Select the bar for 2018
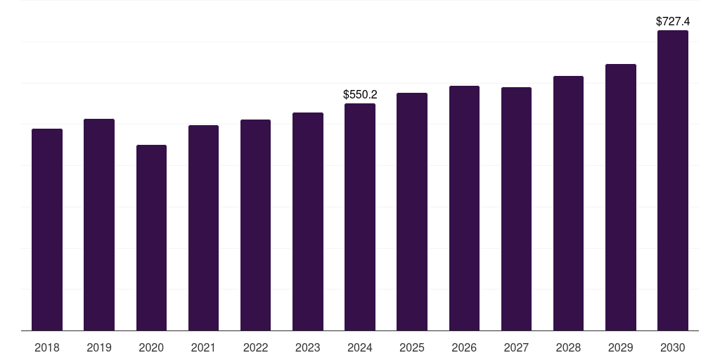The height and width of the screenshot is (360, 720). pos(47,230)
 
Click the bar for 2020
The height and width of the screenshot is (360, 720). pos(151,238)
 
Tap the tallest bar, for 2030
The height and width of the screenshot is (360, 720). pos(673,181)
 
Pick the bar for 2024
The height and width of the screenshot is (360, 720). pos(360,217)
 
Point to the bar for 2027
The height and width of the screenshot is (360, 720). pos(516,209)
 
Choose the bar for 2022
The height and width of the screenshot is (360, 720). pos(255,225)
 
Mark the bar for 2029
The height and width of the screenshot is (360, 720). pos(621,198)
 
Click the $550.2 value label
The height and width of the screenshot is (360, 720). pos(361,95)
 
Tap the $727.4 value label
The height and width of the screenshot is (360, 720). pos(673,22)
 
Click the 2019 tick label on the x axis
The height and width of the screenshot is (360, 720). pos(99,348)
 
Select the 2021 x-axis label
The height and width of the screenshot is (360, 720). pos(203,348)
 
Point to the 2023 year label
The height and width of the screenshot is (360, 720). pos(308,348)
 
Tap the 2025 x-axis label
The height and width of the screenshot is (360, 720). pos(412,348)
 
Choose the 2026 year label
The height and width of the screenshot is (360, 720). pos(464,348)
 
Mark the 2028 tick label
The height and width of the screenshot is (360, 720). pos(568,348)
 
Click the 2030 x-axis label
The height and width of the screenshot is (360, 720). pos(673,348)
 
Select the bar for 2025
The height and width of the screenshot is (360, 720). pos(412,212)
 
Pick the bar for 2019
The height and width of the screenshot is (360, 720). pos(99,225)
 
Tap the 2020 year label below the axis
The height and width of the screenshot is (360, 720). pos(151,348)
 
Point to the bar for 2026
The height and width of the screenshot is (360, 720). pos(464,208)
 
